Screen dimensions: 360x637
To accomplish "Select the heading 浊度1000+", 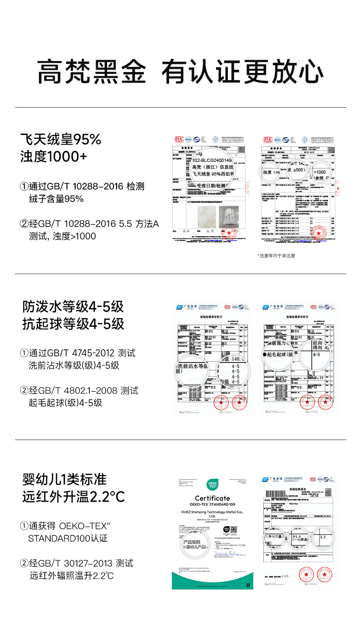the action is pyautogui.click(x=53, y=157).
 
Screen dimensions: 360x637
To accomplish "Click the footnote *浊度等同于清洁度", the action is pyautogui.click(x=276, y=255).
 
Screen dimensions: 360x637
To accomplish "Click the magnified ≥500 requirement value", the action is pyautogui.click(x=299, y=170).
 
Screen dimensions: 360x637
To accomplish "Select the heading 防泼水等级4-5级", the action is pyautogui.click(x=73, y=306).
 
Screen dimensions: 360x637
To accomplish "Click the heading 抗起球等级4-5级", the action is pyautogui.click(x=73, y=324).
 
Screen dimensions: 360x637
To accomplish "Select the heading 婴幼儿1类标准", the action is pyautogui.click(x=65, y=479).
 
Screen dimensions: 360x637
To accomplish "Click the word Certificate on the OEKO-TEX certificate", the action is pyautogui.click(x=212, y=498).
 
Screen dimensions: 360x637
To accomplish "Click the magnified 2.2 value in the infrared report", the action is pyautogui.click(x=324, y=537).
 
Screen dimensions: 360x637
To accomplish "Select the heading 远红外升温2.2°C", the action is pyautogui.click(x=73, y=497).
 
